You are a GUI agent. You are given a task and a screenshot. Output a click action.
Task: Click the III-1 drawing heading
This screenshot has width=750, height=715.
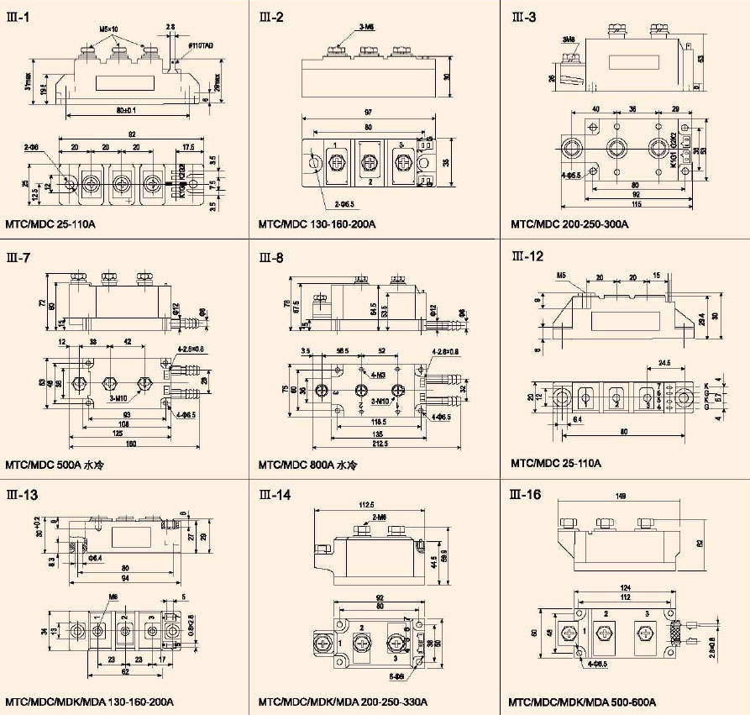coord(18,15)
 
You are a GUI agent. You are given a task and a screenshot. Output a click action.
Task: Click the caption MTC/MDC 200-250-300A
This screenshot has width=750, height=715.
coord(569,224)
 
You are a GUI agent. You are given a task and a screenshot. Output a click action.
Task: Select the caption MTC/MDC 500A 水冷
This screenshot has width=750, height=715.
coord(55,464)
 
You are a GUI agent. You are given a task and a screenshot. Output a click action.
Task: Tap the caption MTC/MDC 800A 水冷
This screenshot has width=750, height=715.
coord(308,464)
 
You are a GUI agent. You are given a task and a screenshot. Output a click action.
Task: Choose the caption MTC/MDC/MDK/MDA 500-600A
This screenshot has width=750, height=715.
coord(582,702)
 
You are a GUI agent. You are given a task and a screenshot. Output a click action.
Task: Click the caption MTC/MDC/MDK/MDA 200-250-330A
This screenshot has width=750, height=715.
coord(343,702)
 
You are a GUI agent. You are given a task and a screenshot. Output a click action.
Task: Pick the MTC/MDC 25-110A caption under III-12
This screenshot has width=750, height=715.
coord(556,464)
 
